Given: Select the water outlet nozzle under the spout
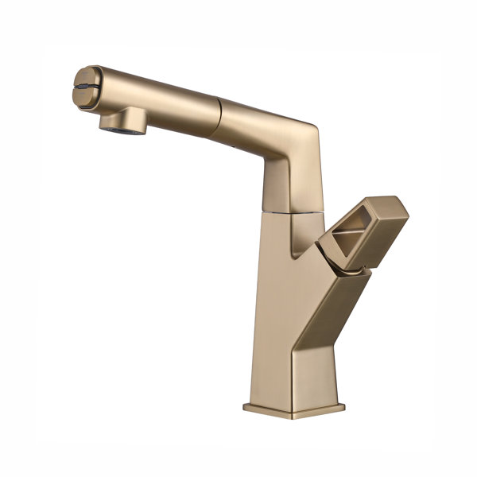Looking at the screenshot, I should pos(119,121).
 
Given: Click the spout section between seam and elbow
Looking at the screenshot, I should pos(254,119).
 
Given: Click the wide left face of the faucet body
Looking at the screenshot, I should pos(274,318).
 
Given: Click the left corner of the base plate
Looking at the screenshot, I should pos(246,408).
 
